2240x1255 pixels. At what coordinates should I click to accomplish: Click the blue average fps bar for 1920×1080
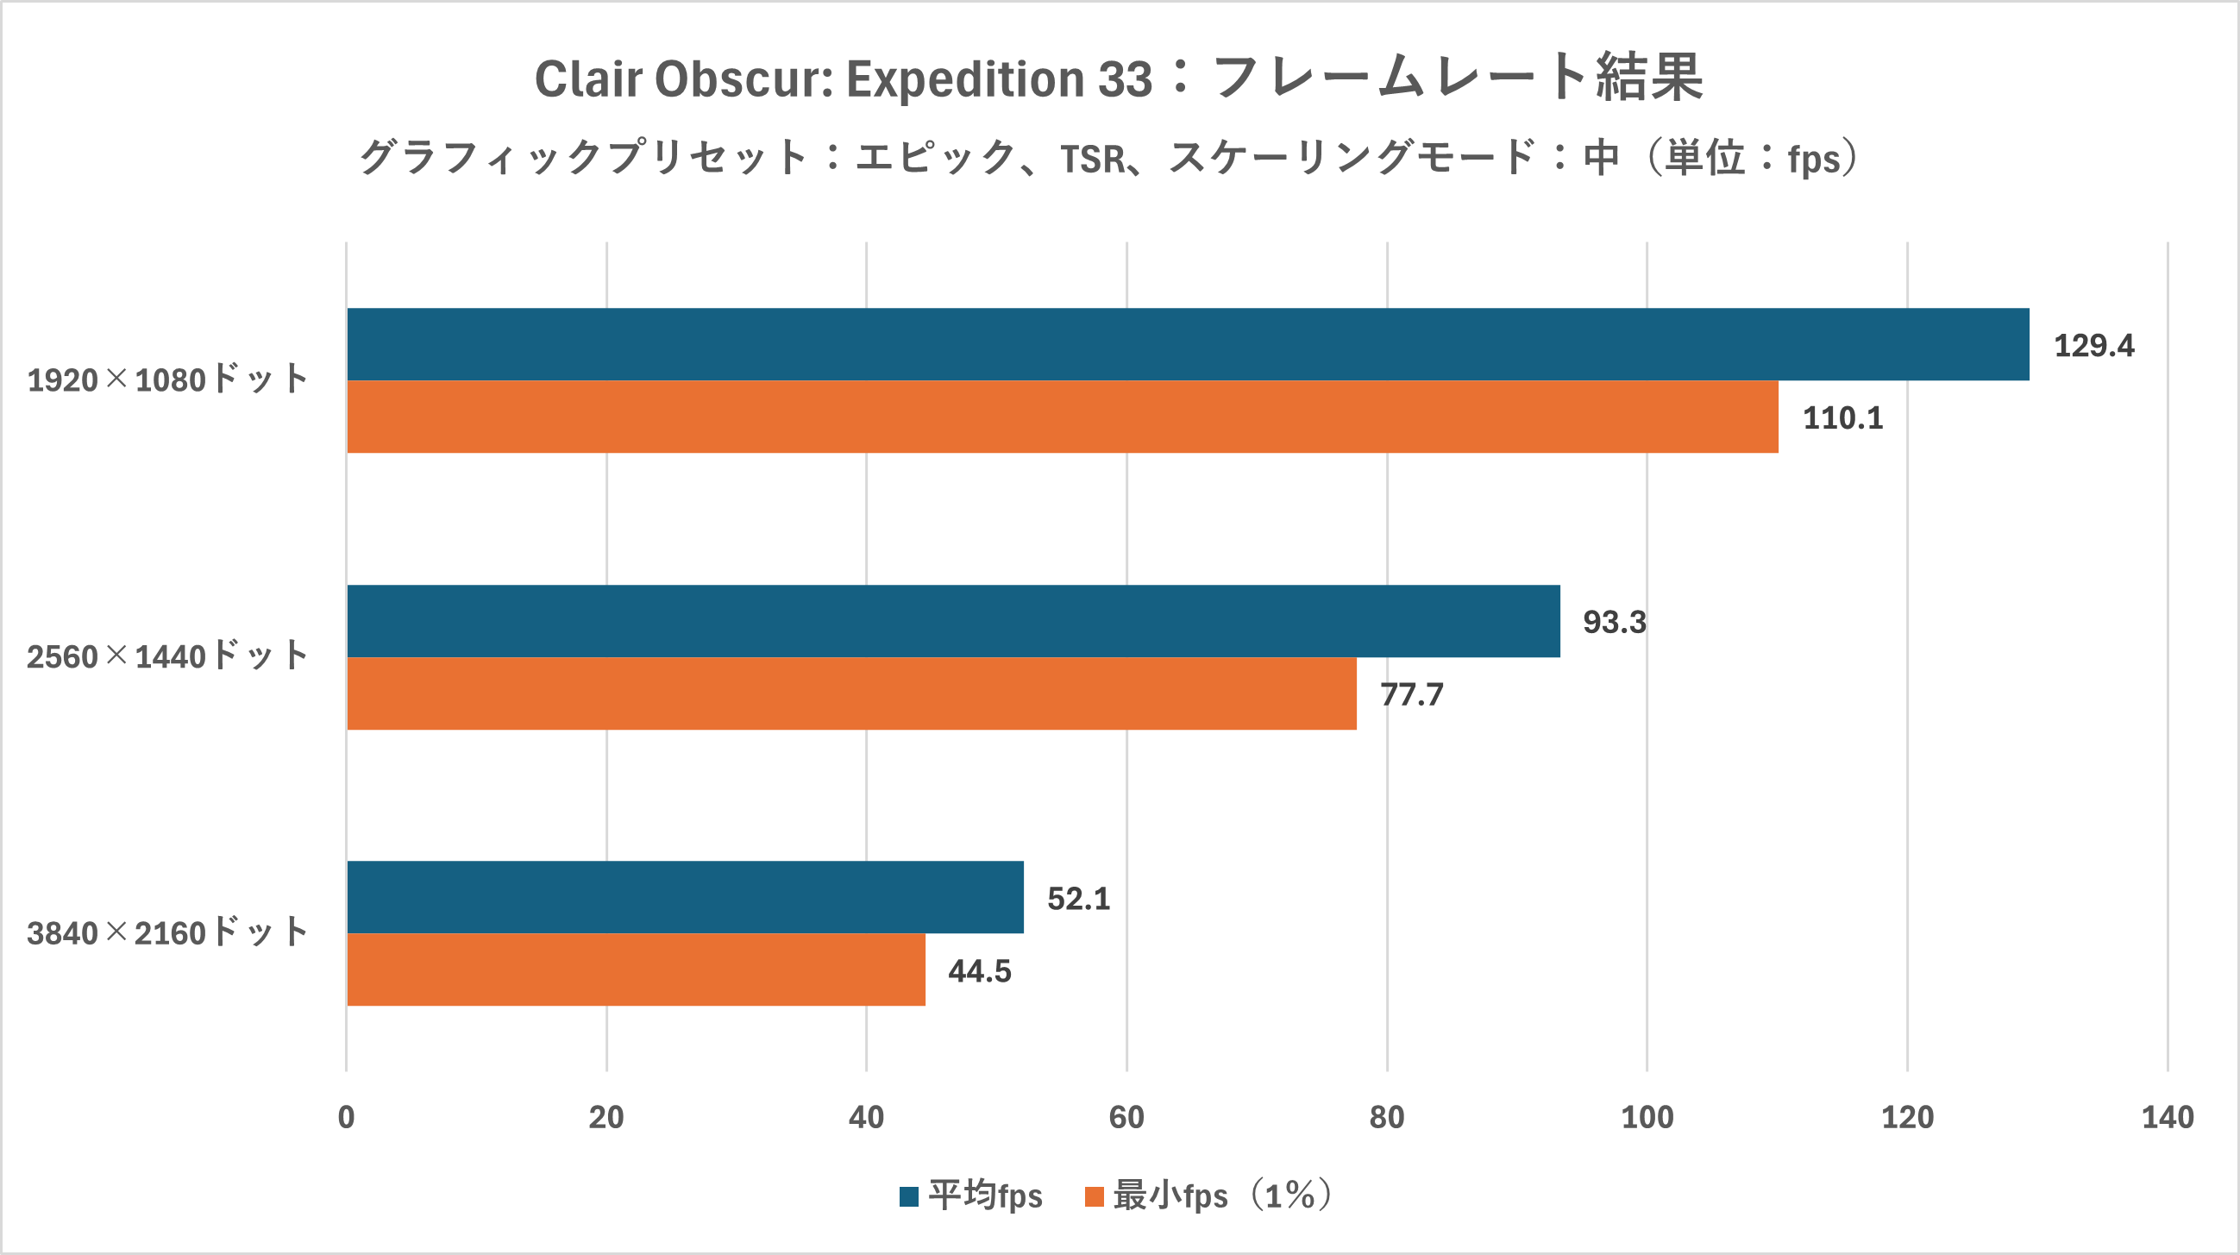(1187, 344)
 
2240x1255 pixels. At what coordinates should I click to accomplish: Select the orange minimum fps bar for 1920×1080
(1062, 417)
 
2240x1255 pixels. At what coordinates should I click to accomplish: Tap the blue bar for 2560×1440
(953, 621)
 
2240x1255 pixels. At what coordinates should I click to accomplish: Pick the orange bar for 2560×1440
(851, 693)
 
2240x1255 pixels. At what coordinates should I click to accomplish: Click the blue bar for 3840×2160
(685, 897)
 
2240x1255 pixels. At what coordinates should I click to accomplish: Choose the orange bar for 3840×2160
(636, 969)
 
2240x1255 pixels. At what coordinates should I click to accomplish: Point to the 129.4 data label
(2093, 346)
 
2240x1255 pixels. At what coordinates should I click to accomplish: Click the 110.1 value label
(1842, 418)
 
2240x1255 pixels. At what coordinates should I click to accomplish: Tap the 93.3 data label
(1614, 623)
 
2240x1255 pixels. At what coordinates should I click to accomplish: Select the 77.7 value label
(1411, 695)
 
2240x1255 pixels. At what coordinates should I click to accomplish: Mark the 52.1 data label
(1078, 899)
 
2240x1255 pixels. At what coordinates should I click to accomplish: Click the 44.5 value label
(979, 971)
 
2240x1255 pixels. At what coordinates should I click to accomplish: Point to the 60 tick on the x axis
(1126, 1118)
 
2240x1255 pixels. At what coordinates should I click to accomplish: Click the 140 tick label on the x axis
(2167, 1118)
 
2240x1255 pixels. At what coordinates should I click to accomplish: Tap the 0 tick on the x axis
(346, 1118)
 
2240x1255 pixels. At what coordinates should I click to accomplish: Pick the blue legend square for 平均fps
(909, 1196)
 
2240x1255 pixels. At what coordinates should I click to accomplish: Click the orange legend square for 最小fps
(1094, 1196)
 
